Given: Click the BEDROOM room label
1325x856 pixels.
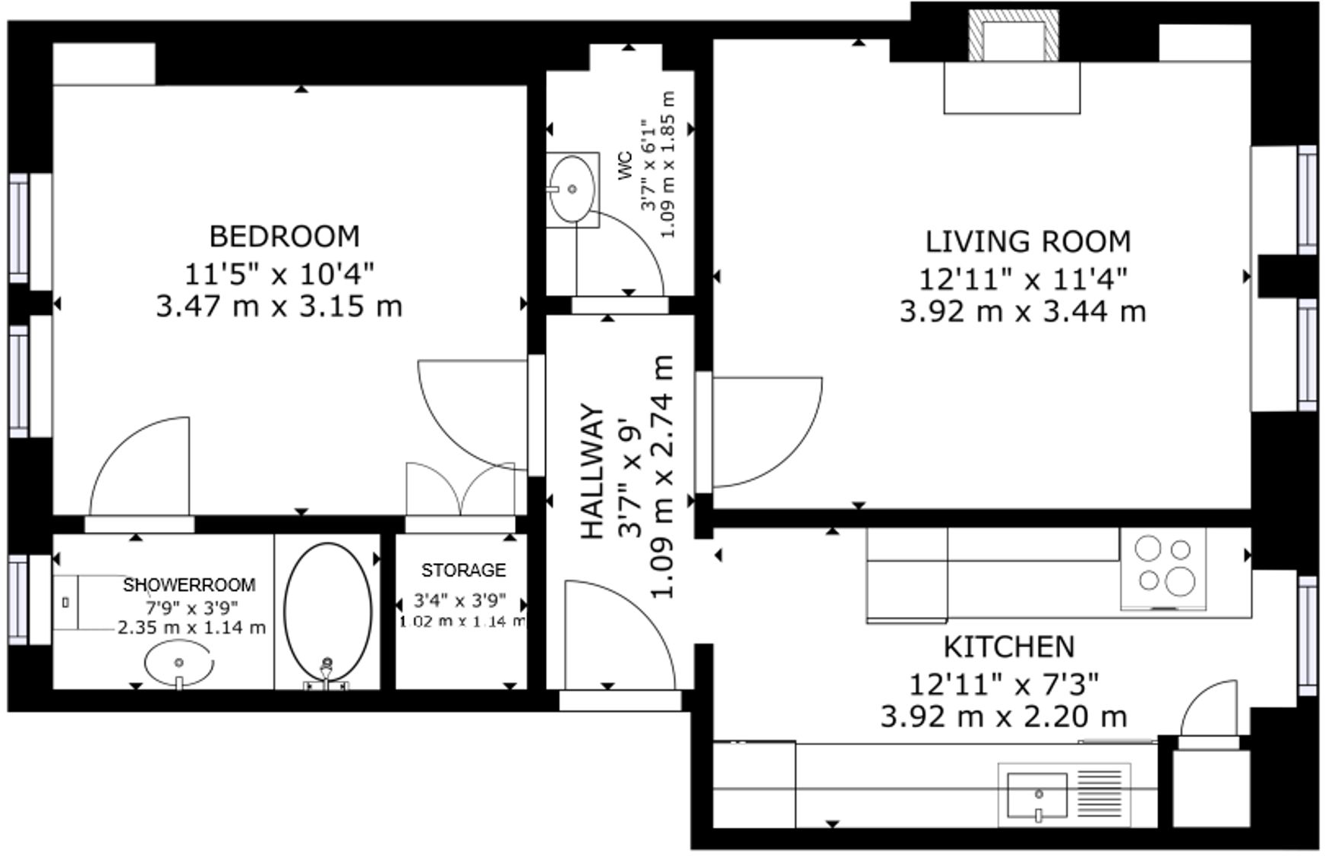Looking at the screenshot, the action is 285,236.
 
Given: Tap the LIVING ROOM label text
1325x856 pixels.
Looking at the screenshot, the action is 1027,241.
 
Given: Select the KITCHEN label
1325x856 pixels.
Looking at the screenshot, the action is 1009,647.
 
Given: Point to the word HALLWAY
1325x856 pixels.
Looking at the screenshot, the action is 593,471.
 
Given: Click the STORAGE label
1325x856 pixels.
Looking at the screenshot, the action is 463,570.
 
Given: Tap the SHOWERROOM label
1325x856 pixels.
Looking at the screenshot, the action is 189,584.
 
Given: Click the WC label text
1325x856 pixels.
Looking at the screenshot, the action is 625,166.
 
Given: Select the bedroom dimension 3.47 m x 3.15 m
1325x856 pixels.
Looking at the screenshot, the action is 279,307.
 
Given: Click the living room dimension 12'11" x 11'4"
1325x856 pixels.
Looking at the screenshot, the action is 1023,279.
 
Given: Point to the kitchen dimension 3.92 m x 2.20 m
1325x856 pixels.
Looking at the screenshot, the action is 1003,716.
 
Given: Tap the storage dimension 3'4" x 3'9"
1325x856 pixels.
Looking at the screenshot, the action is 459,600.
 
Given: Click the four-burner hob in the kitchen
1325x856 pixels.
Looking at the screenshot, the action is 1163,568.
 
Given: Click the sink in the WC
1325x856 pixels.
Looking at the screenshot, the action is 572,189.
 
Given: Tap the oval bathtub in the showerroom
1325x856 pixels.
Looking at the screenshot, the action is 328,612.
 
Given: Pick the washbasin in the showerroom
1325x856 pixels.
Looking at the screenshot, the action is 179,662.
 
